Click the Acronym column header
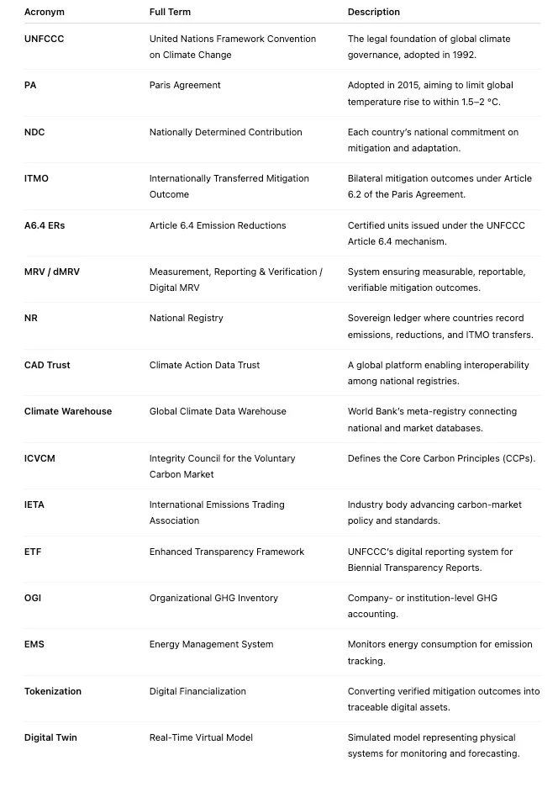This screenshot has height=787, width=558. tap(45, 12)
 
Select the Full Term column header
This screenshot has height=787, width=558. tap(170, 12)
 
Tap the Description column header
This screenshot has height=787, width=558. tap(374, 12)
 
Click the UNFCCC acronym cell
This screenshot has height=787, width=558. tap(44, 39)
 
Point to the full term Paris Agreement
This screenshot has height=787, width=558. tap(185, 85)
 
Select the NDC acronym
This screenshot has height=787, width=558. tap(34, 132)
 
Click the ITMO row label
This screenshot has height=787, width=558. tap(36, 178)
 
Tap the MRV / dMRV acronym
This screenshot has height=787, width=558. tap(52, 272)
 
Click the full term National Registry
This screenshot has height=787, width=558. tap(187, 318)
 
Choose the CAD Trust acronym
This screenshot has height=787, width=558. tap(47, 365)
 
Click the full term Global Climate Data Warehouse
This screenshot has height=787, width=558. tap(218, 411)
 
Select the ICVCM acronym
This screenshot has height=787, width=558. tap(39, 458)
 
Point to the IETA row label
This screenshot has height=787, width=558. tap(34, 504)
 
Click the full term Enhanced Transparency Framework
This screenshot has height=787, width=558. tap(227, 552)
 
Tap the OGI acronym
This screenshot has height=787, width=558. tap(33, 598)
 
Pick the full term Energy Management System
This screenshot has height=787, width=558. tap(211, 644)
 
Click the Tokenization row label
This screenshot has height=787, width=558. tap(53, 691)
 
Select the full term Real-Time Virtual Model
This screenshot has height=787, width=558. tap(201, 737)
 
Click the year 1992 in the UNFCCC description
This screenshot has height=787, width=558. tap(487, 55)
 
